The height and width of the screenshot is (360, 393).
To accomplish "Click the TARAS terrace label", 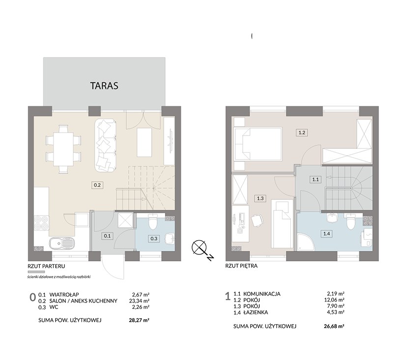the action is tap(104, 85).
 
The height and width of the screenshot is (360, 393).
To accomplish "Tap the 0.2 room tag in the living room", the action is tap(97, 185).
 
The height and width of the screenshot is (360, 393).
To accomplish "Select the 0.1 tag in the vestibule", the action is tap(107, 236).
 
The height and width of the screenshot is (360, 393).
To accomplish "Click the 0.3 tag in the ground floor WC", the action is tap(154, 239).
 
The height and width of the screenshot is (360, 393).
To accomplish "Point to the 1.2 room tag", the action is tap(302, 133).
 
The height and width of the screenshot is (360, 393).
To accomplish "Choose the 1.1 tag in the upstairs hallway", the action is tap(315, 179).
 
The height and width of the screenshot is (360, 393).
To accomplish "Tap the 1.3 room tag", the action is tap(260, 198).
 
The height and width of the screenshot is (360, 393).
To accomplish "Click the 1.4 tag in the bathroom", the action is tap(327, 234).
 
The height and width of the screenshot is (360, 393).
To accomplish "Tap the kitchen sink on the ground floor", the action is tap(61, 243).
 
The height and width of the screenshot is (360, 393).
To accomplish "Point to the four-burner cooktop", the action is tap(41, 223).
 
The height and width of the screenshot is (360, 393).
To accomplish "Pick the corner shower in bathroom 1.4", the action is tap(305, 242).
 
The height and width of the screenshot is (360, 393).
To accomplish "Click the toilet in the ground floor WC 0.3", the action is tap(152, 222).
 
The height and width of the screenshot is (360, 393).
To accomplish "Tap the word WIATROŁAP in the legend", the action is tap(64, 294).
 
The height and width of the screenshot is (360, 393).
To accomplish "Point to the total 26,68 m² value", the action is tap(334, 326).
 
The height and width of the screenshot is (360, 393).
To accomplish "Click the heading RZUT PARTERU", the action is tap(46, 266).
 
